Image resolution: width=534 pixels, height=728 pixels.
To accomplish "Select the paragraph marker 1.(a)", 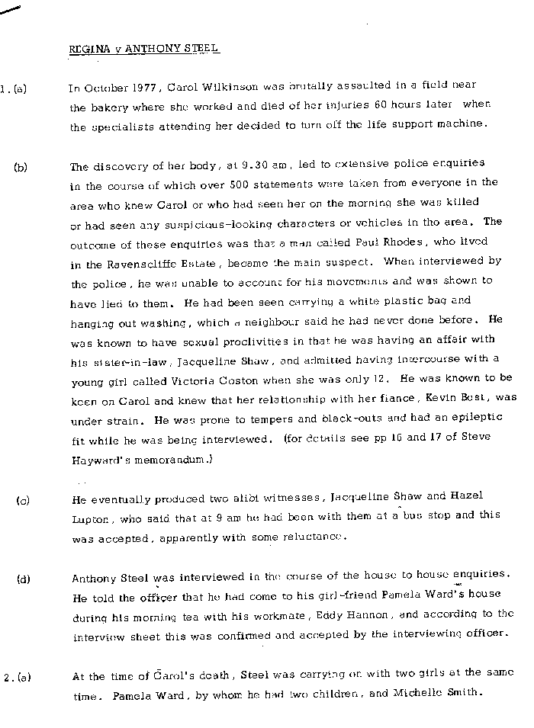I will pos(14,88).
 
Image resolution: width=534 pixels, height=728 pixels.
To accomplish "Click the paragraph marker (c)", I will pos(23,501).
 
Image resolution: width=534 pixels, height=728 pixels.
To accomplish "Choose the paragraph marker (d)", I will pos(23,579).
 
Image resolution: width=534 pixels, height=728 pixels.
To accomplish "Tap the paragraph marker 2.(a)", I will pos(16,676).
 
